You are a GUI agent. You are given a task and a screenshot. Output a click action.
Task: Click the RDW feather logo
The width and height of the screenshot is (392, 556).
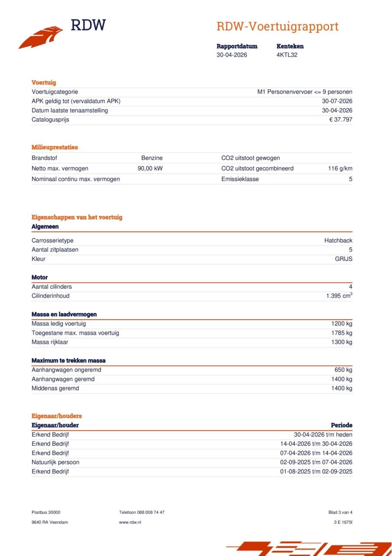(x=41, y=37)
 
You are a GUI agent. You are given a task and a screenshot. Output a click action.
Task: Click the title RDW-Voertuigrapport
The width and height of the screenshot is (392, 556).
(x=277, y=26)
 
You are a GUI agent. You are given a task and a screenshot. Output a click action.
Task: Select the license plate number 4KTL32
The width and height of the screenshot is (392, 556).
(x=287, y=55)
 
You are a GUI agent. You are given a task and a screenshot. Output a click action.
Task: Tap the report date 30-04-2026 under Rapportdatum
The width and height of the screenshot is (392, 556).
(x=232, y=55)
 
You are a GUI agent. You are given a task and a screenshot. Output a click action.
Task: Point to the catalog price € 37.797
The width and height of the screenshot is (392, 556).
(x=340, y=119)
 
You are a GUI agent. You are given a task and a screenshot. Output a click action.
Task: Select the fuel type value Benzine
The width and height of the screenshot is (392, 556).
(x=152, y=158)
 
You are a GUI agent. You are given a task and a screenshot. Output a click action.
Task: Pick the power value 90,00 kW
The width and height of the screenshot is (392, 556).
(x=150, y=169)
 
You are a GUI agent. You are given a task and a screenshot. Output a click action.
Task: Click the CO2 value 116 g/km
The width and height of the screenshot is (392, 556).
(x=340, y=169)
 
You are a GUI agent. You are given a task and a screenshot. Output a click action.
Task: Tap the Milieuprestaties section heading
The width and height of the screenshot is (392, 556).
(x=55, y=147)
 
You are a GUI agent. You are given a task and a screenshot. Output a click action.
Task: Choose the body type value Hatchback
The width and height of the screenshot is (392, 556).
(x=338, y=241)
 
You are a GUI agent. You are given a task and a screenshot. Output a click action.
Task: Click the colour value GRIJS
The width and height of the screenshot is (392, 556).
(x=343, y=259)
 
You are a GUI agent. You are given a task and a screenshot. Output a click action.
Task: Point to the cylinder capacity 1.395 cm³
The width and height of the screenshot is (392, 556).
(x=339, y=296)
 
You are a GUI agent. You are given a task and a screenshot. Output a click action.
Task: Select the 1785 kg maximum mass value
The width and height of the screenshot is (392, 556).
(x=342, y=333)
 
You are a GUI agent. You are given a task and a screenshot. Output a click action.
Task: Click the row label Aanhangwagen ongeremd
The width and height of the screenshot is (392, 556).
(x=66, y=370)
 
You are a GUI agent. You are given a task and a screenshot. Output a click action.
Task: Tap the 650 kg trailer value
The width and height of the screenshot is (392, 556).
(x=343, y=370)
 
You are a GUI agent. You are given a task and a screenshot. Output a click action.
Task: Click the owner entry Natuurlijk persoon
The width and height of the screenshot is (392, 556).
(x=56, y=462)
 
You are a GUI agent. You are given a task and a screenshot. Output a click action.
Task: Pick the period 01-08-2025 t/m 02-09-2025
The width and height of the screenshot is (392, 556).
(x=316, y=471)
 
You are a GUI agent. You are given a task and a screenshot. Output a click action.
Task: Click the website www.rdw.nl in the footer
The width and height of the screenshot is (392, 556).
(x=130, y=522)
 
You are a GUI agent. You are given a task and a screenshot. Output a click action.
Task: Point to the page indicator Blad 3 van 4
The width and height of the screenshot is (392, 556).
(x=340, y=513)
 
